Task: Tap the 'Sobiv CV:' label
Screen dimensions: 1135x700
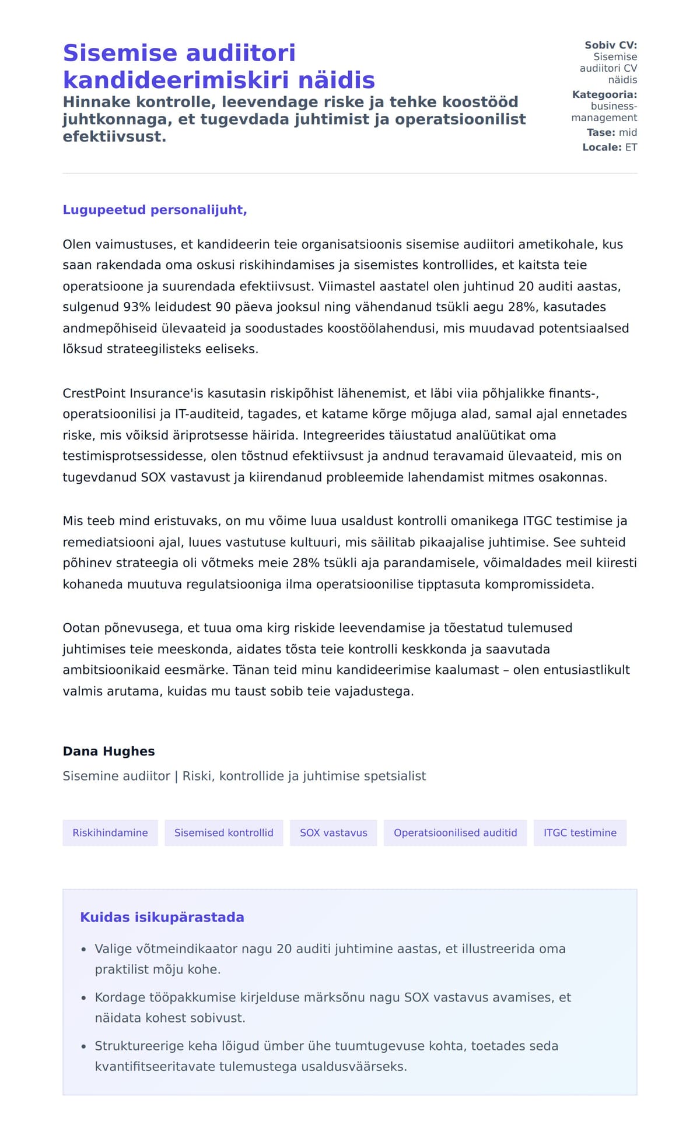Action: click(x=610, y=45)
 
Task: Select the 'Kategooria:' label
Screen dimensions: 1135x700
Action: click(x=604, y=94)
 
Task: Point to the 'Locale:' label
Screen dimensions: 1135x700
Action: click(x=601, y=147)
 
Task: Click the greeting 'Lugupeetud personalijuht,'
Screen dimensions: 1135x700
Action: click(x=155, y=210)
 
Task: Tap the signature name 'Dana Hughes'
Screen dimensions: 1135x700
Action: click(x=108, y=751)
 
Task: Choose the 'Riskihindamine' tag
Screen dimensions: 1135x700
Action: click(x=110, y=833)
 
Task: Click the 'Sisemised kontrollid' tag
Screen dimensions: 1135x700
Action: click(x=223, y=833)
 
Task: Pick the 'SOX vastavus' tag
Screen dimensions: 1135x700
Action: click(x=333, y=833)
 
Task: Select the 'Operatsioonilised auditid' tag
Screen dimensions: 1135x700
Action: click(x=455, y=833)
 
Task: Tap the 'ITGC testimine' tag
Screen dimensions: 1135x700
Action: click(x=580, y=833)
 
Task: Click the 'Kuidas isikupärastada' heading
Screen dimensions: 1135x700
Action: click(x=162, y=918)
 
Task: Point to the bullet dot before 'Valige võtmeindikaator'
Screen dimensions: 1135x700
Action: click(x=84, y=950)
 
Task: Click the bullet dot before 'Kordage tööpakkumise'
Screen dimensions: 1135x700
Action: click(x=84, y=998)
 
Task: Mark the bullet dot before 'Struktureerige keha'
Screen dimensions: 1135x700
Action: click(x=84, y=1047)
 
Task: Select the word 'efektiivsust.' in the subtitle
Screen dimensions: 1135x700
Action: click(x=114, y=137)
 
